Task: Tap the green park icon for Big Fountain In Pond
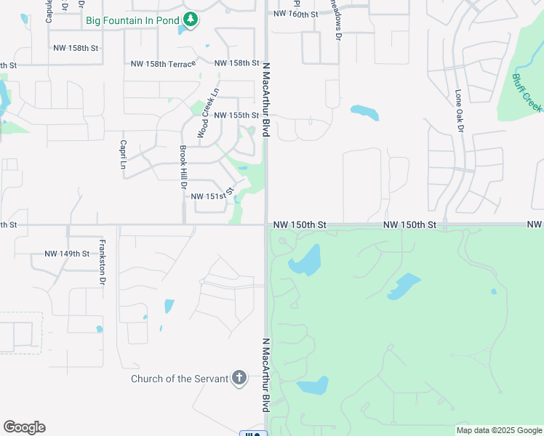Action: pos(190,20)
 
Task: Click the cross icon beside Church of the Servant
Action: pos(239,378)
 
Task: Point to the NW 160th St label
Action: pos(296,14)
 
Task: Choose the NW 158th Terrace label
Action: pos(164,64)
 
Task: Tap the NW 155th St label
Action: pos(236,116)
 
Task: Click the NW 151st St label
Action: pos(212,195)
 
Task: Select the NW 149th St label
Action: pos(67,254)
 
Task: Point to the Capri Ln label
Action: pos(124,154)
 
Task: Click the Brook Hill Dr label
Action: pos(184,168)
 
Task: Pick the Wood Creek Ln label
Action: pos(207,114)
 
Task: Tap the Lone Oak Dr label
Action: pos(459,111)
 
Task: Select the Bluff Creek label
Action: pos(527,92)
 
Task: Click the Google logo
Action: pos(24,427)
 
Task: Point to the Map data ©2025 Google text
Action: pos(499,430)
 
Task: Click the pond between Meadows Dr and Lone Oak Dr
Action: pos(364,113)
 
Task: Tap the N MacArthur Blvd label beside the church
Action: pos(266,375)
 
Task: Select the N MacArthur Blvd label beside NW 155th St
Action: pos(266,99)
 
